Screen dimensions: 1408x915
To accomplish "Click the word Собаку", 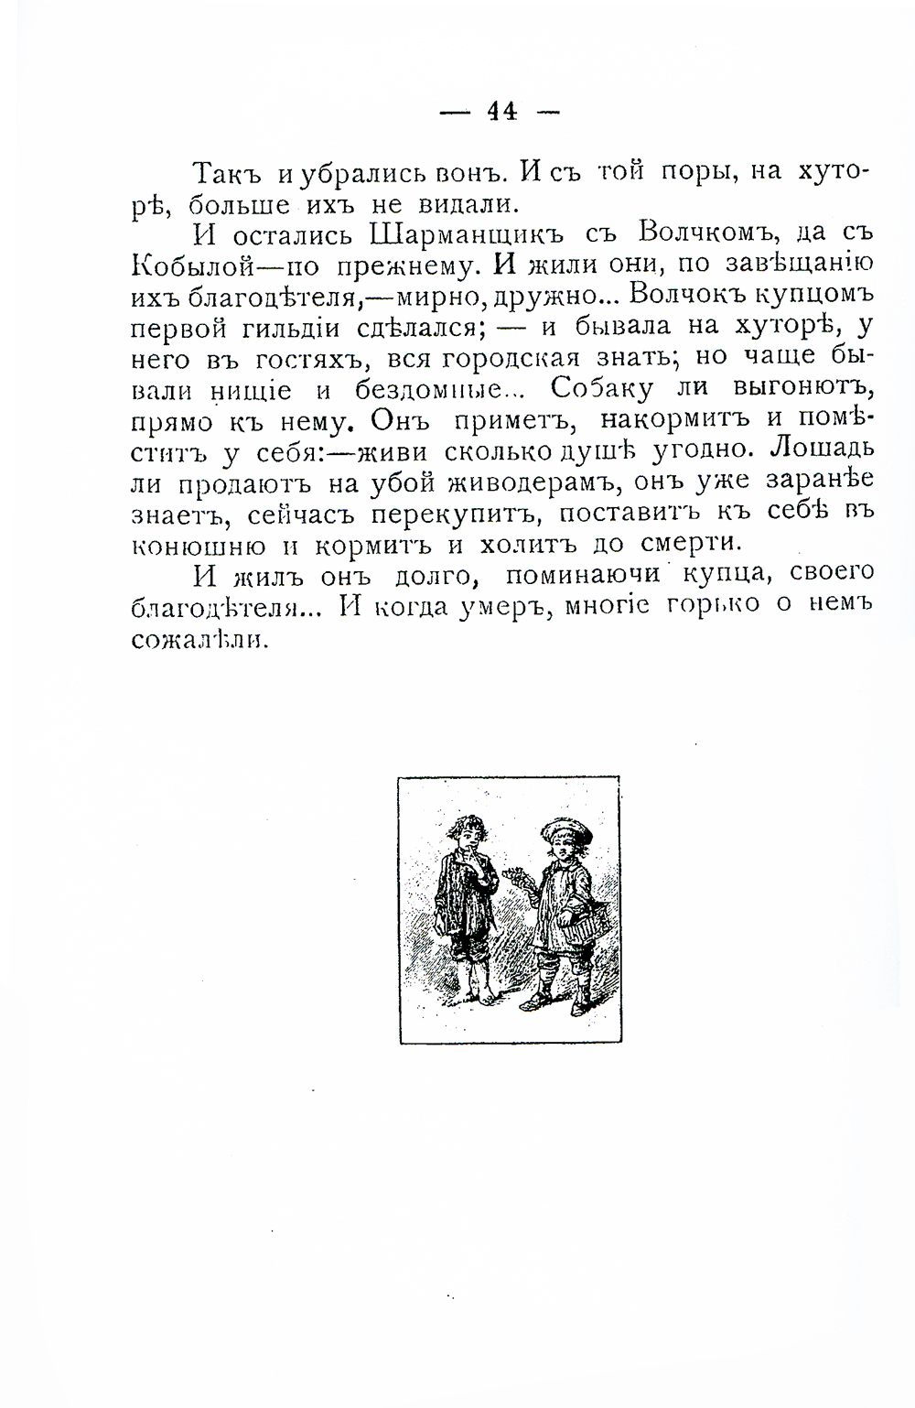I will click(x=603, y=388).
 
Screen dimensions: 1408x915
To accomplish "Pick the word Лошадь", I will click(x=823, y=450).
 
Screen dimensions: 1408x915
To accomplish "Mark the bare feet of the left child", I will click(x=475, y=995).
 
